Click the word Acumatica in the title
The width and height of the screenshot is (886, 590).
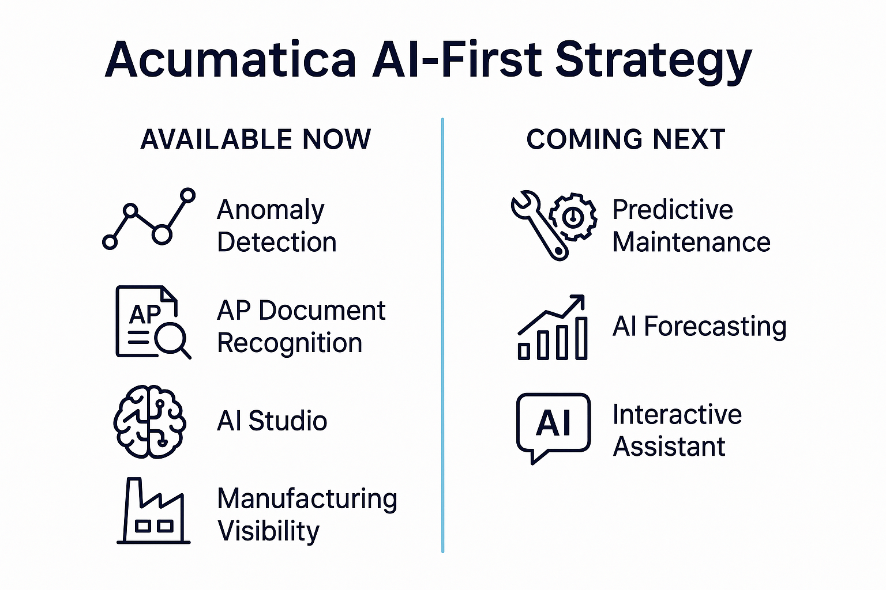click(x=231, y=59)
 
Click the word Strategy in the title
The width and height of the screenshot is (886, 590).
click(x=653, y=60)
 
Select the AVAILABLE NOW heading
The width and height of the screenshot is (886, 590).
click(x=256, y=139)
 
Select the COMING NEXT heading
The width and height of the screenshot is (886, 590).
click(x=626, y=139)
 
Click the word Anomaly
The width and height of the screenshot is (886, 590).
click(x=271, y=210)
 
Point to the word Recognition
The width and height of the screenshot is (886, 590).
click(x=290, y=343)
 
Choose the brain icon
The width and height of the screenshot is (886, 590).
click(x=149, y=421)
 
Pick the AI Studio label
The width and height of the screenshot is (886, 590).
click(x=272, y=421)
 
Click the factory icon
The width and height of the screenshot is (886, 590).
click(x=153, y=512)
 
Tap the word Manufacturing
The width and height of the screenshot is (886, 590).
click(x=307, y=499)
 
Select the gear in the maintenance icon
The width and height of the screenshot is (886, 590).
click(x=572, y=217)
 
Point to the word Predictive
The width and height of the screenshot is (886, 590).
click(x=673, y=210)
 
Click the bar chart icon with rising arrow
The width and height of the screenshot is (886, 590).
click(x=553, y=328)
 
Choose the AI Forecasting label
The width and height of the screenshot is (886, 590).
click(x=699, y=327)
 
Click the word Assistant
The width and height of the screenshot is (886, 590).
click(x=669, y=447)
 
